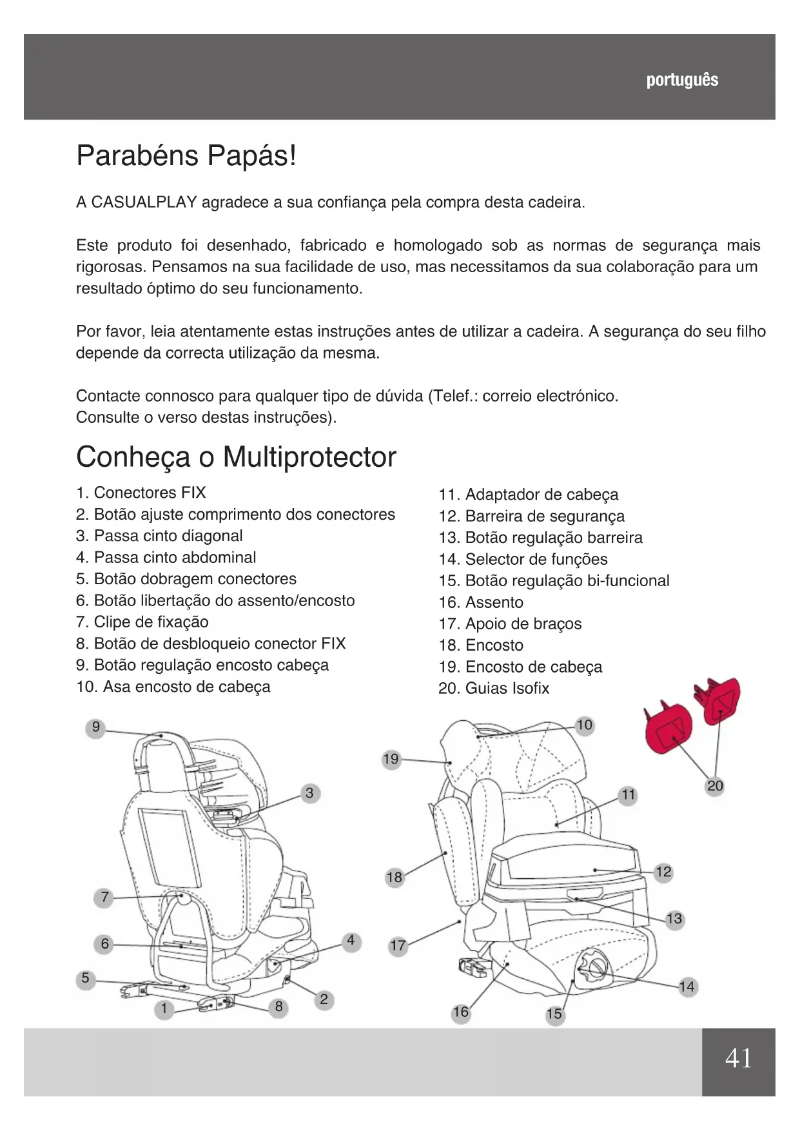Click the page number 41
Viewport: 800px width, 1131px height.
(738, 1058)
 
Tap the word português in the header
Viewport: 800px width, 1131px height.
(682, 80)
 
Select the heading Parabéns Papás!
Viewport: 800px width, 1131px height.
(186, 156)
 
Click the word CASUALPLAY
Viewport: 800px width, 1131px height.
(144, 202)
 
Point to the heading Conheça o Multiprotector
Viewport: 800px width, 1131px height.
(236, 457)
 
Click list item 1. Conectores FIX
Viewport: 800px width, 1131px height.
(141, 493)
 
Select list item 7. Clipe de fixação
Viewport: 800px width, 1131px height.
(142, 622)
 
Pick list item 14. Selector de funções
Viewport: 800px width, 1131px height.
(523, 560)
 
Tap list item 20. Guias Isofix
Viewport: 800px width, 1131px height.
(494, 689)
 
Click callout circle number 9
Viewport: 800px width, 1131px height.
(95, 727)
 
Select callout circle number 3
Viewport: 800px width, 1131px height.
(309, 793)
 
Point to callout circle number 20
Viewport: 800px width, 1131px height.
(715, 786)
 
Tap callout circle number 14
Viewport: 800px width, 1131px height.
(687, 987)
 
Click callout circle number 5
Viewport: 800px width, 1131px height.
(85, 978)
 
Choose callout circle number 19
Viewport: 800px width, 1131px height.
(391, 759)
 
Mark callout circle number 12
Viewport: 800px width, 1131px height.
(663, 872)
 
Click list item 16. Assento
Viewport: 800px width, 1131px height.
(481, 603)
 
